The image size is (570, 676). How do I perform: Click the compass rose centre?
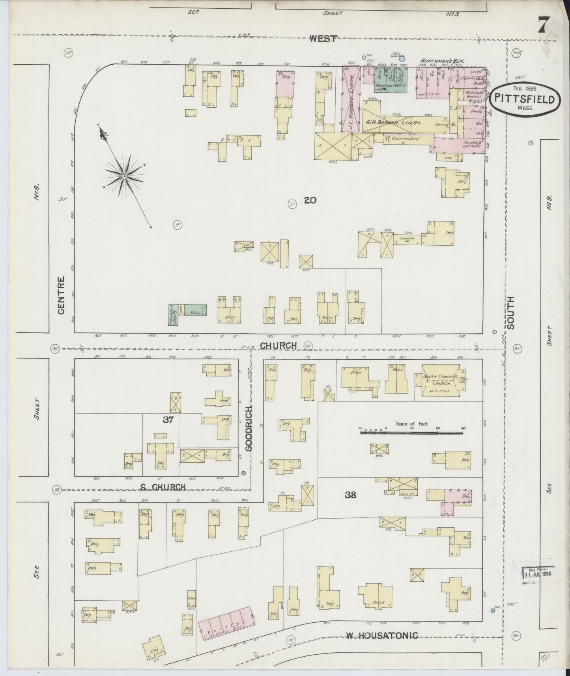[124, 176]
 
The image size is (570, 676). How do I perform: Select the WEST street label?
[323, 38]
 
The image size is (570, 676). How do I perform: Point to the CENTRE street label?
[61, 295]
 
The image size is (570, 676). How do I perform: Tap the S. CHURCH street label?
[163, 487]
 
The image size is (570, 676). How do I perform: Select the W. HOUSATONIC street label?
[381, 635]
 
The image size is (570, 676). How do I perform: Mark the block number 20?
[310, 200]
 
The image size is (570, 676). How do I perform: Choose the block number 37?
[168, 420]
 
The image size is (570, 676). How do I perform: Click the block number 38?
[350, 495]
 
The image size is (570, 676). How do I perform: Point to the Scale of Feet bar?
[412, 433]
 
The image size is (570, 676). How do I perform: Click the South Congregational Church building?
[440, 379]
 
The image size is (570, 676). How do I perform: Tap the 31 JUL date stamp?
[537, 574]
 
